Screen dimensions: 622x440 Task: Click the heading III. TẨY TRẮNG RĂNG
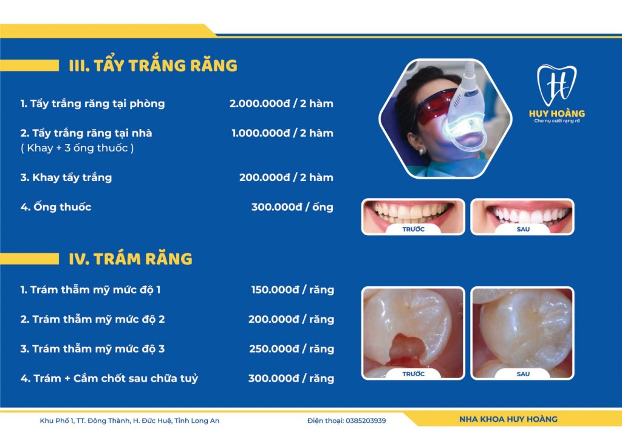152,66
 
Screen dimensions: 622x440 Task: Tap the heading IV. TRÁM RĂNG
131,259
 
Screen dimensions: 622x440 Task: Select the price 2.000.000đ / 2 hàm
281,103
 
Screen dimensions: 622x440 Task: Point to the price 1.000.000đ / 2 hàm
282,133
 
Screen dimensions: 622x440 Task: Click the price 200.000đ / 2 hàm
286,177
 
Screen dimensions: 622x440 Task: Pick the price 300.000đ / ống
292,207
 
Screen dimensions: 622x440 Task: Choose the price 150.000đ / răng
293,290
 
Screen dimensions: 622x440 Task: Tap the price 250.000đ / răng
292,349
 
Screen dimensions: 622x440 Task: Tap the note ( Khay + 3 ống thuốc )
77,148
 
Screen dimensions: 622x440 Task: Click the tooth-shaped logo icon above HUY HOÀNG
556,85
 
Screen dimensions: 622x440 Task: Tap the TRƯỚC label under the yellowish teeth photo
413,229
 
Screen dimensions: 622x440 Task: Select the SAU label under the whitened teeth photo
523,229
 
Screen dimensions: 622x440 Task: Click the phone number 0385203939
366,421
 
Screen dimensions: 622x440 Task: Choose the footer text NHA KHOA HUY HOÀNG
508,419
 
